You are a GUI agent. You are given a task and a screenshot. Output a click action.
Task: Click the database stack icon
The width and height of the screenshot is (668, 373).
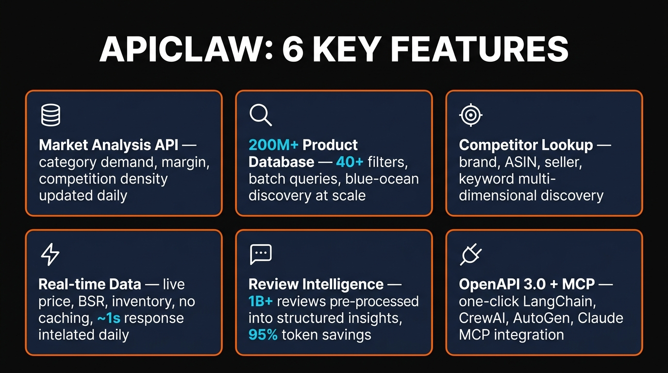(50, 116)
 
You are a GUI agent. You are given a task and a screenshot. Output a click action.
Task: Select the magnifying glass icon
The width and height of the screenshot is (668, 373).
(260, 116)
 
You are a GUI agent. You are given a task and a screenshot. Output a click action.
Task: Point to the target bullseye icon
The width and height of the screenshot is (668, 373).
(470, 116)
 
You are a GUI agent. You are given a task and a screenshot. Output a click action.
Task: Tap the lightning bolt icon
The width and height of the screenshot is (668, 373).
(50, 254)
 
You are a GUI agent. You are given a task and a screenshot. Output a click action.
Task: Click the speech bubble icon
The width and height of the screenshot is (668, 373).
(260, 254)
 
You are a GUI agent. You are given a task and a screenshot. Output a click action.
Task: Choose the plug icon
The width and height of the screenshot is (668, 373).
(470, 254)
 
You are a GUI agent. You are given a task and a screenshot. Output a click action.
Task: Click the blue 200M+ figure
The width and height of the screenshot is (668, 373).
(273, 145)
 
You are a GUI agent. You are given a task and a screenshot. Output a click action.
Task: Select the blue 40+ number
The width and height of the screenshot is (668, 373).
(350, 162)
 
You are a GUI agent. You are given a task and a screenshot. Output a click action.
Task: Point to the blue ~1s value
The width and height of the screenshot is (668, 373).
(107, 318)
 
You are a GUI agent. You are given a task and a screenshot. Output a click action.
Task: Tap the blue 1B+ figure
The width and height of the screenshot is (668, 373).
(261, 301)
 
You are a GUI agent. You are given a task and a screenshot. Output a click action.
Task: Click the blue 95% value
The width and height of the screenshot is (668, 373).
(263, 335)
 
